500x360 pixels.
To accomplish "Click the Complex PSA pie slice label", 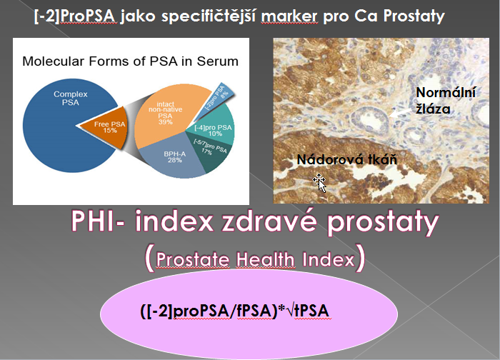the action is point(70,98).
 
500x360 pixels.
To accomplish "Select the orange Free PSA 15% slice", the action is point(107,127).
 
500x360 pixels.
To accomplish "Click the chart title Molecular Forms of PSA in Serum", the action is point(130,61).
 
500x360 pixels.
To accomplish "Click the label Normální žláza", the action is point(446,101).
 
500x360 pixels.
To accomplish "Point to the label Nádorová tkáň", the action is point(347,159).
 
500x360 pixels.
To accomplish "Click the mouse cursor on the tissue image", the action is point(320,183).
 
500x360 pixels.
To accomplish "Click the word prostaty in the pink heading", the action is point(383,223).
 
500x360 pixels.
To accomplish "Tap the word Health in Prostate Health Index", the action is point(265,259).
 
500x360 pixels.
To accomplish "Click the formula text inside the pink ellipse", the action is point(234,311).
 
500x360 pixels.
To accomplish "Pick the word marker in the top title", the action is point(289,16).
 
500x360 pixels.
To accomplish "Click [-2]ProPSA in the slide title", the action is point(74,16).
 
